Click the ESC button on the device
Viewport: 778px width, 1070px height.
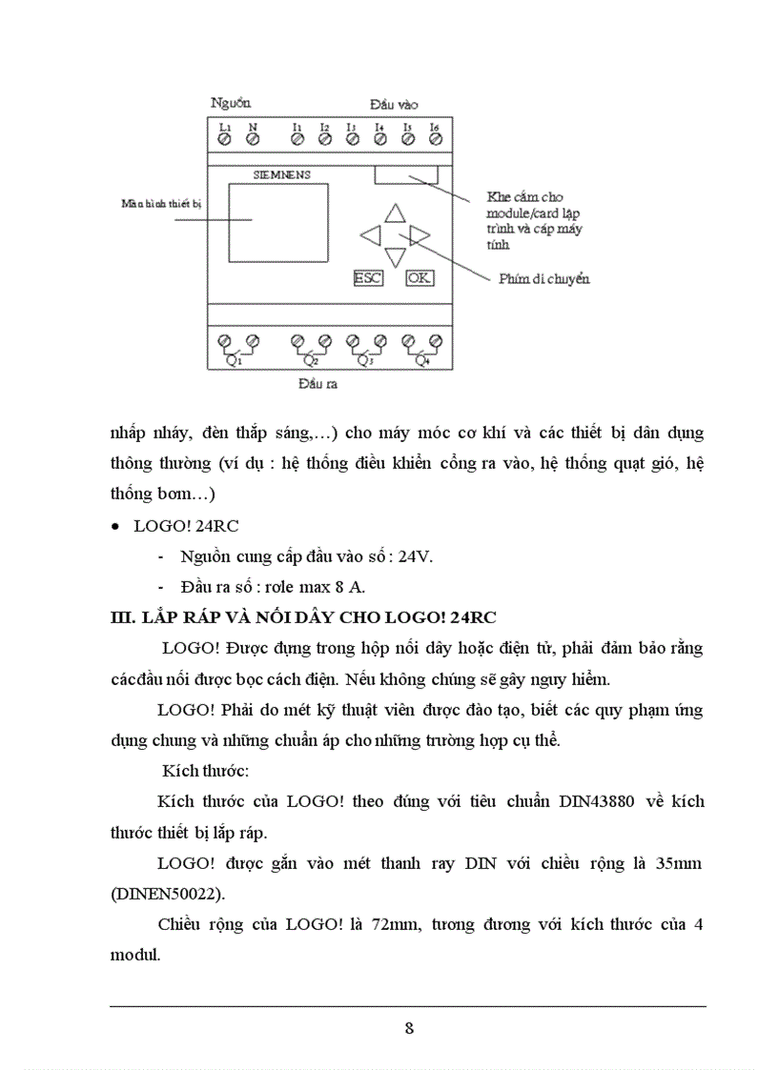click(x=367, y=278)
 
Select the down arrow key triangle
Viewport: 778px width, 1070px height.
click(x=395, y=256)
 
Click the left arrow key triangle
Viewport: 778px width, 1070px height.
click(x=371, y=234)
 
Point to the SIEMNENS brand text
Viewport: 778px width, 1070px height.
click(x=281, y=175)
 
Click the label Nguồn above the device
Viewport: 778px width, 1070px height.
click(x=231, y=102)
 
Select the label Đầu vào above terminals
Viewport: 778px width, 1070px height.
click(x=393, y=104)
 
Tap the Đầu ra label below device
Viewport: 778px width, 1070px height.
click(x=317, y=385)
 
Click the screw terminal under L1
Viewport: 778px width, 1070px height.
click(x=225, y=140)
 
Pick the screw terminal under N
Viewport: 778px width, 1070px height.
click(x=253, y=140)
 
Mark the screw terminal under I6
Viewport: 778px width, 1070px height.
click(x=436, y=140)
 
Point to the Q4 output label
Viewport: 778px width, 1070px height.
click(x=421, y=361)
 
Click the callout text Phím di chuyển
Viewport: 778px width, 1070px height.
click(x=544, y=279)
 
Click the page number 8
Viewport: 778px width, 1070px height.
click(x=409, y=1027)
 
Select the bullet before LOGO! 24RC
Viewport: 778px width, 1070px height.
click(x=115, y=527)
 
